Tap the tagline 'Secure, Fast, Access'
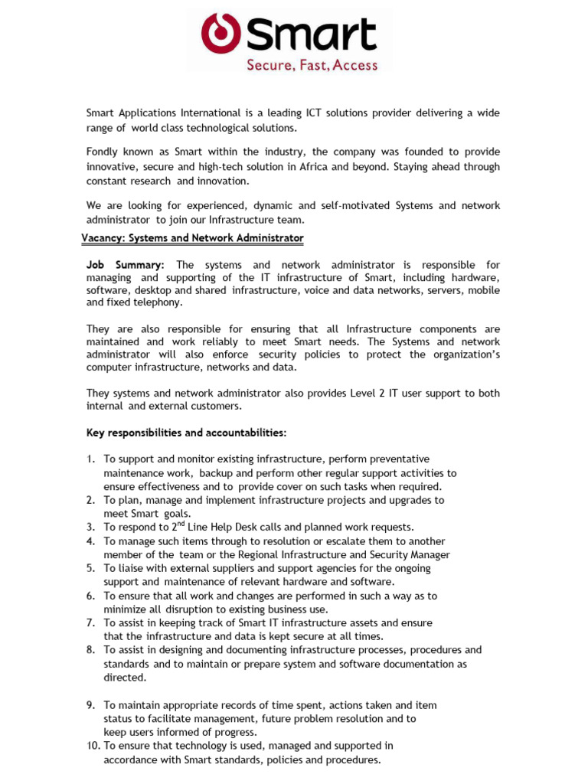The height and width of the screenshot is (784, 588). click(312, 65)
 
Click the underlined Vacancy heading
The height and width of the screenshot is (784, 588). click(192, 238)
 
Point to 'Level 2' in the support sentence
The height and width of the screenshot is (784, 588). click(358, 393)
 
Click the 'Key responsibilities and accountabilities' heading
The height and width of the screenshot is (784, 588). click(186, 433)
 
